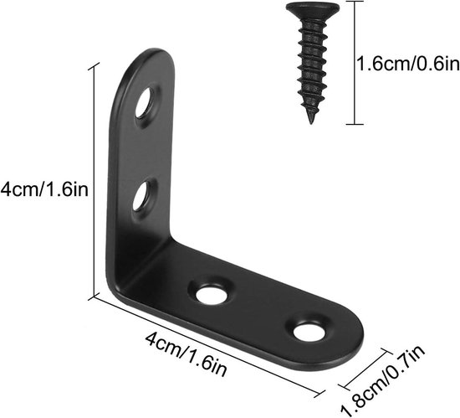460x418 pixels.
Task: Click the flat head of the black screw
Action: tap(313, 10)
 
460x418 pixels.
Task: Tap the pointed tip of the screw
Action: tap(310, 122)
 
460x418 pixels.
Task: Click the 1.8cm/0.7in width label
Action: tap(382, 381)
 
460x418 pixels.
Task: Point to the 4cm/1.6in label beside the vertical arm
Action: tap(44, 189)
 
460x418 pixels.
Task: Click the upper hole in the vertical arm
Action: tap(146, 102)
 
